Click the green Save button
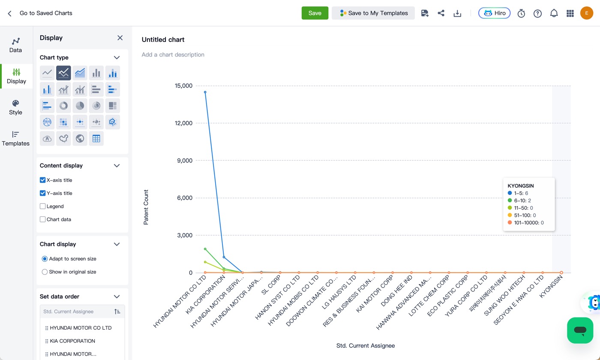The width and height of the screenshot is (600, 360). pyautogui.click(x=315, y=13)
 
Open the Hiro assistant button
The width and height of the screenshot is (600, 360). pyautogui.click(x=494, y=13)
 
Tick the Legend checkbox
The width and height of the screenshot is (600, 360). pyautogui.click(x=42, y=206)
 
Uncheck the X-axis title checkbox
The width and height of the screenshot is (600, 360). pyautogui.click(x=42, y=180)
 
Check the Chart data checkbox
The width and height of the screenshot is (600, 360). pyautogui.click(x=42, y=219)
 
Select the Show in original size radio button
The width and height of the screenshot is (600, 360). pyautogui.click(x=45, y=272)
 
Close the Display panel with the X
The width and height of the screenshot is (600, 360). pyautogui.click(x=120, y=38)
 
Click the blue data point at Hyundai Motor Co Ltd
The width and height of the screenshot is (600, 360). pyautogui.click(x=205, y=92)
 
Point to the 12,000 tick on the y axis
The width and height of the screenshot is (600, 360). pyautogui.click(x=183, y=123)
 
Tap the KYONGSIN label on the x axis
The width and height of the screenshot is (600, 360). pyautogui.click(x=551, y=287)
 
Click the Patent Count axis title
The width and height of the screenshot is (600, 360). pyautogui.click(x=146, y=207)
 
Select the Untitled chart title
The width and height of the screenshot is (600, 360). pyautogui.click(x=163, y=39)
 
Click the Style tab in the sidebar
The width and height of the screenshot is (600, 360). pyautogui.click(x=15, y=108)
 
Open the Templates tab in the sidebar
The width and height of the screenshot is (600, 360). pyautogui.click(x=15, y=138)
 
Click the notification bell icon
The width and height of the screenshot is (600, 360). pyautogui.click(x=554, y=13)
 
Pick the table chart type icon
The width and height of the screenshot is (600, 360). pyautogui.click(x=96, y=138)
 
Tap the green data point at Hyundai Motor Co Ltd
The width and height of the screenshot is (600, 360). pyautogui.click(x=205, y=249)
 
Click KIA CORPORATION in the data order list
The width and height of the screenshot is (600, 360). pyautogui.click(x=72, y=341)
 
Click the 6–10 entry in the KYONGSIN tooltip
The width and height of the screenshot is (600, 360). pyautogui.click(x=519, y=201)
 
